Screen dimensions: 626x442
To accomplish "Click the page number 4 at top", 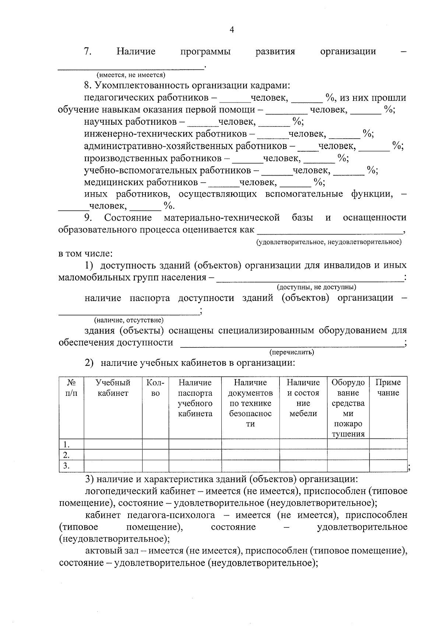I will pyautogui.click(x=232, y=30).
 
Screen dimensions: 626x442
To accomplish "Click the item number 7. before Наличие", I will pyautogui.click(x=88, y=51).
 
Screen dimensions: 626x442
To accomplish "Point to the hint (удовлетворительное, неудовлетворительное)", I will pyautogui.click(x=329, y=242).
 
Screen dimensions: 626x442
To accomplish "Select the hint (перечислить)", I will pyautogui.click(x=291, y=352).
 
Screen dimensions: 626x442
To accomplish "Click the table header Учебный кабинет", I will pyautogui.click(x=113, y=388).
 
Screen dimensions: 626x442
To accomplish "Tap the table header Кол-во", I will pyautogui.click(x=155, y=388).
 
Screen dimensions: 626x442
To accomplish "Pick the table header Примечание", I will pyautogui.click(x=388, y=388).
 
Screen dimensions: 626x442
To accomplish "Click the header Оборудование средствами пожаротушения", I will pyautogui.click(x=348, y=408).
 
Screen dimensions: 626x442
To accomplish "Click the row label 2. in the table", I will pyautogui.click(x=67, y=455).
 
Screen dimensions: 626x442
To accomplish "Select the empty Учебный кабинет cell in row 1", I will pyautogui.click(x=113, y=444).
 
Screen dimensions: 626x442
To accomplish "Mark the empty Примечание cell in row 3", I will pyautogui.click(x=388, y=466).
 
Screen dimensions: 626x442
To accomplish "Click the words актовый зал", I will pyautogui.click(x=109, y=551).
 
